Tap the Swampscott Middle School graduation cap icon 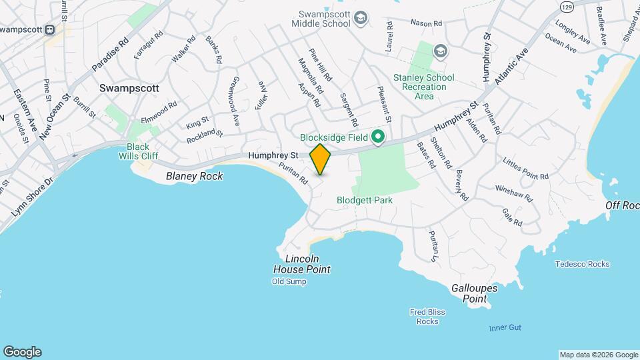click(361, 17)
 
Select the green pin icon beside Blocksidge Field click(378, 137)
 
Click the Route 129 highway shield click(567, 7)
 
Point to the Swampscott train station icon click(49, 29)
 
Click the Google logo click(22, 352)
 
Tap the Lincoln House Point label click(301, 264)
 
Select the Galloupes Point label click(475, 294)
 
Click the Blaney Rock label click(194, 177)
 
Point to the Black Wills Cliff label click(141, 153)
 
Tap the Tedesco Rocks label click(582, 264)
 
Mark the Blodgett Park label click(364, 200)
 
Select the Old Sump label click(289, 281)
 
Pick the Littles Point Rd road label click(525, 170)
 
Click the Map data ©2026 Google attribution click(598, 355)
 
